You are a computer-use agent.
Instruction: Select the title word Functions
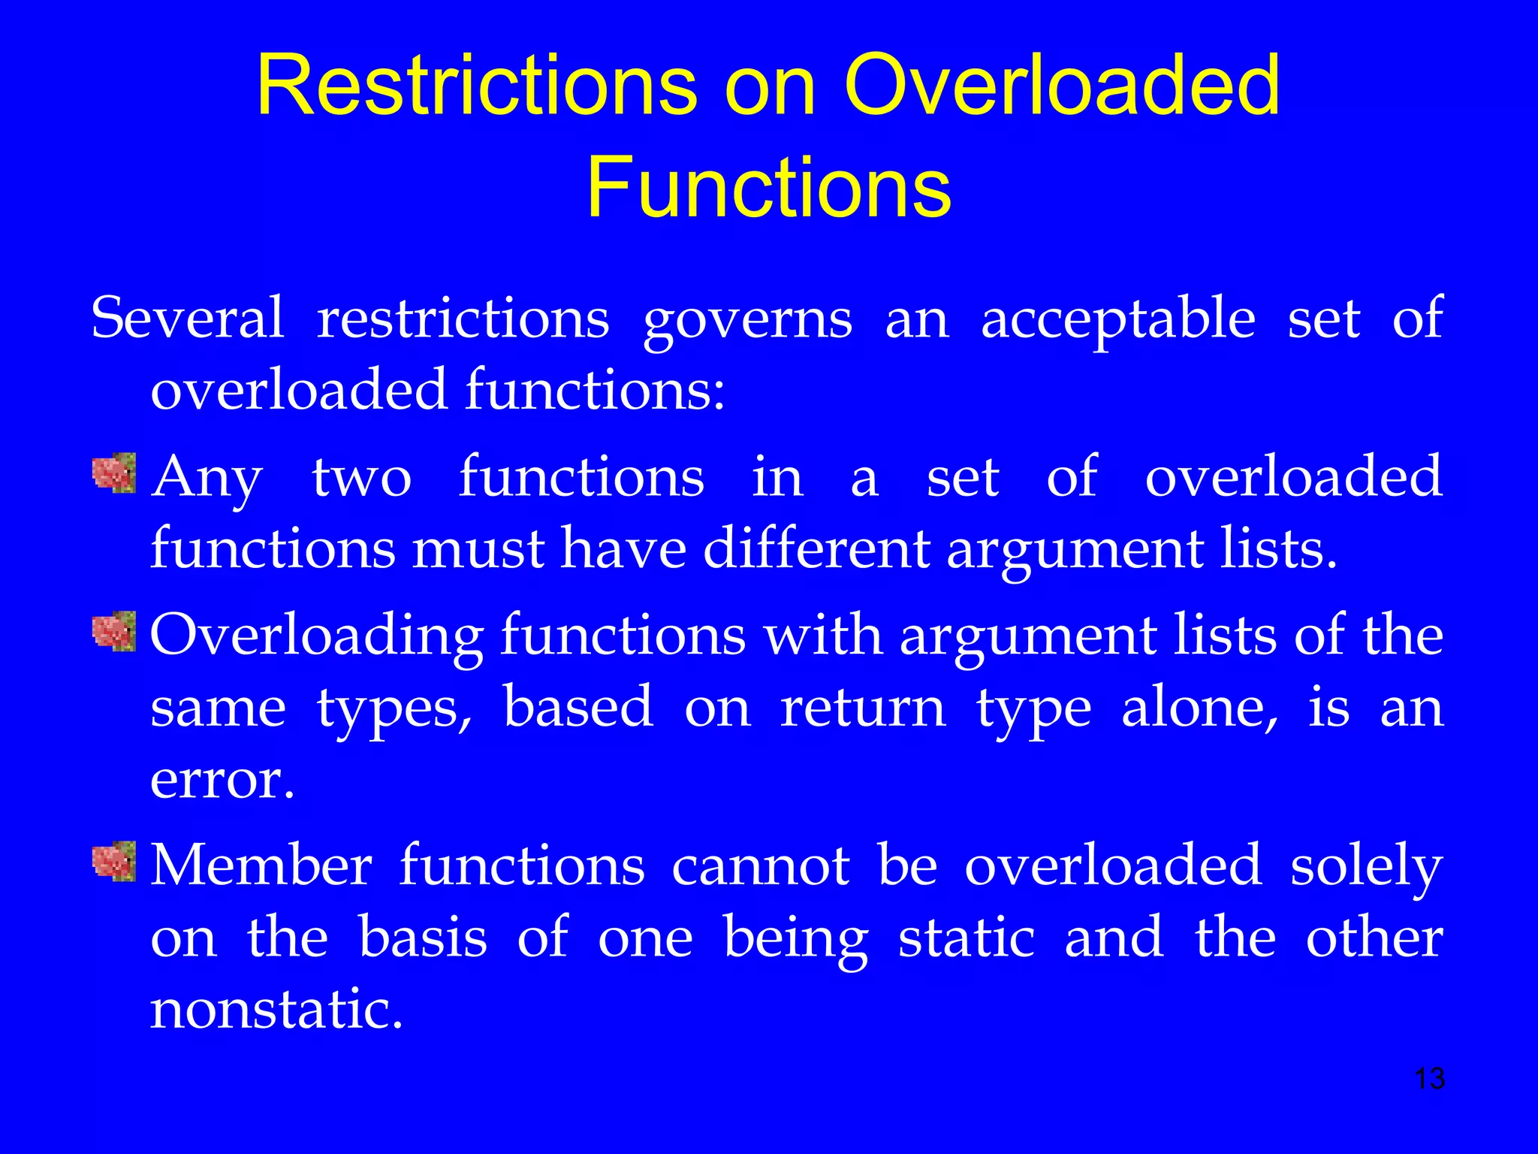pyautogui.click(x=768, y=187)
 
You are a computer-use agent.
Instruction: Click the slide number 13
pyautogui.click(x=1429, y=1079)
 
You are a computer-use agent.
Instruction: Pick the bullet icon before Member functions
pyautogui.click(x=114, y=861)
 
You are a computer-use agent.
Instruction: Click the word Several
pyautogui.click(x=187, y=319)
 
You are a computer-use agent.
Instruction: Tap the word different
pyautogui.click(x=816, y=548)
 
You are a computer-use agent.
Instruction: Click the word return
pyautogui.click(x=863, y=708)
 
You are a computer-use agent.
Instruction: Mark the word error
pyautogui.click(x=222, y=781)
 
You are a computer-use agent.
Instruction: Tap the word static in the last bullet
pyautogui.click(x=967, y=938)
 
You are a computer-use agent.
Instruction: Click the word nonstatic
pyautogui.click(x=276, y=1010)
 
